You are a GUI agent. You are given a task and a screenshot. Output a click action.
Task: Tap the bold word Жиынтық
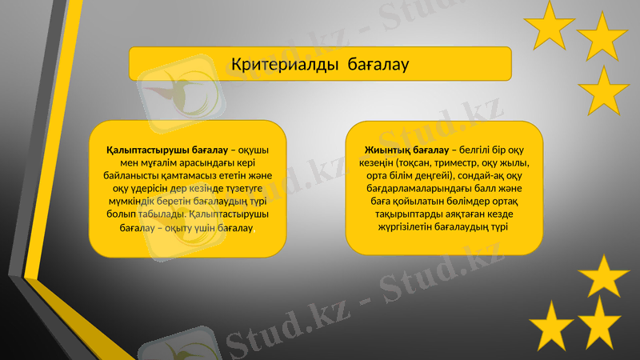387,150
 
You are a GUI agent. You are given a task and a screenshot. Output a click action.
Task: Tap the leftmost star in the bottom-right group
551,326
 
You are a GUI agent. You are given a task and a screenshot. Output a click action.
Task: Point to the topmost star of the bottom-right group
604,277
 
